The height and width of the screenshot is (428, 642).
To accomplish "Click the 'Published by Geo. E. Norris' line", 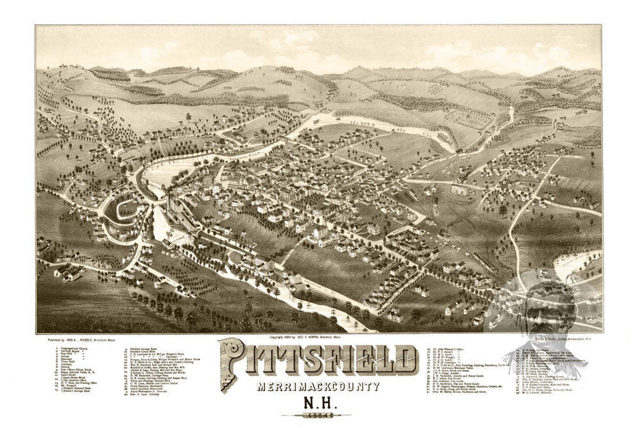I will tap(81, 340).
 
